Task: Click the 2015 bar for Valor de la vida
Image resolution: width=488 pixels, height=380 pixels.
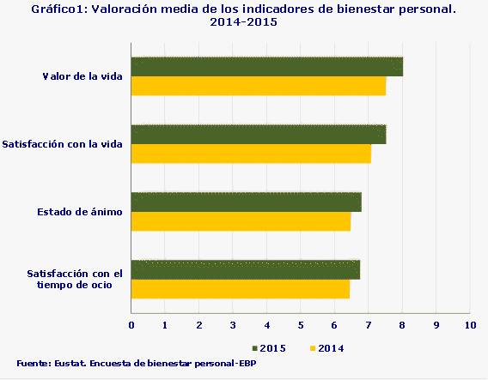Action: pyautogui.click(x=266, y=67)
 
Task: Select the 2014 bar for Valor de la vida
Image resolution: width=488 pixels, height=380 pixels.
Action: pyautogui.click(x=258, y=87)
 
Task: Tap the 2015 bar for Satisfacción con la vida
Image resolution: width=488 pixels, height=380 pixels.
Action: pyautogui.click(x=258, y=134)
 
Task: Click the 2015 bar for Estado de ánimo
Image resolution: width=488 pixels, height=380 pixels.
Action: pyautogui.click(x=246, y=202)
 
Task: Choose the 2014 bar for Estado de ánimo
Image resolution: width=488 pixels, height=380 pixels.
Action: pyautogui.click(x=241, y=221)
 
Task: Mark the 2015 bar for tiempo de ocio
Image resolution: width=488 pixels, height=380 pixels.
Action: pyautogui.click(x=245, y=269)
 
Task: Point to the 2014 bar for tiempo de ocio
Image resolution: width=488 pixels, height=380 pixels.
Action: pyautogui.click(x=240, y=289)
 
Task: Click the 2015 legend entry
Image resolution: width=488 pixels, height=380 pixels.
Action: pyautogui.click(x=268, y=348)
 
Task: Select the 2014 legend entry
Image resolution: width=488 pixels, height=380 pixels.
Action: pyautogui.click(x=326, y=348)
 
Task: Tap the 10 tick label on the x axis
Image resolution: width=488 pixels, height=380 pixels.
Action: pyautogui.click(x=469, y=326)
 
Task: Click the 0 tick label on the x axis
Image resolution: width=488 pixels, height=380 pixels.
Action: pyautogui.click(x=131, y=326)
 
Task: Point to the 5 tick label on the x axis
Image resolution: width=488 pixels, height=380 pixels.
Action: pyautogui.click(x=301, y=326)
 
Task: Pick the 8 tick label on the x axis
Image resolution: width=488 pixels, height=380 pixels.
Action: pyautogui.click(x=402, y=326)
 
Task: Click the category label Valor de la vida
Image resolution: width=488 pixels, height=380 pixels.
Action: pyautogui.click(x=82, y=76)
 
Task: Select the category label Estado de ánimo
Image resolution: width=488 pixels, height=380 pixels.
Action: pyautogui.click(x=80, y=211)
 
